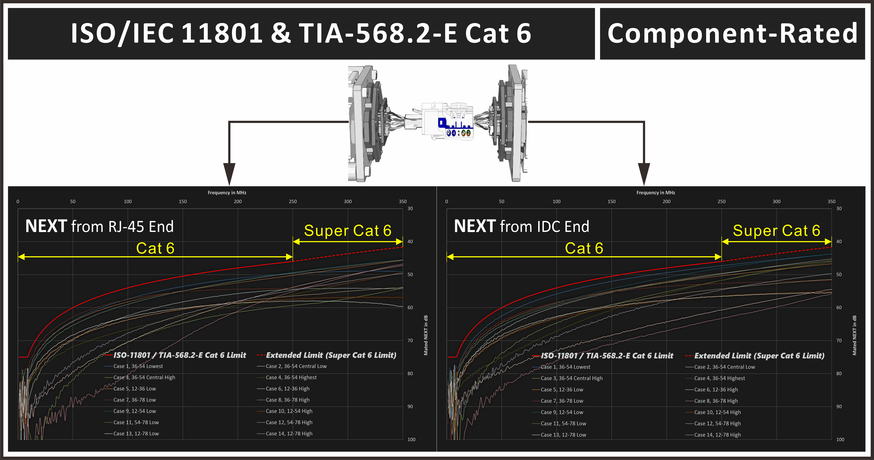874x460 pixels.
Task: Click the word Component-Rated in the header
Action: pos(732,34)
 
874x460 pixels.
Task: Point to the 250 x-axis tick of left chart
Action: pos(293,201)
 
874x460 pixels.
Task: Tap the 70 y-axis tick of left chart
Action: pos(410,341)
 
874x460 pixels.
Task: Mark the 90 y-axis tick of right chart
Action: pos(839,406)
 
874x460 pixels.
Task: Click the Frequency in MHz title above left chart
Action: pos(227,192)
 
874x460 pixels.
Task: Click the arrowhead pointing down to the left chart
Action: pos(229,173)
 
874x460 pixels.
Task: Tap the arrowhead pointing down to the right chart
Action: pos(644,173)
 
